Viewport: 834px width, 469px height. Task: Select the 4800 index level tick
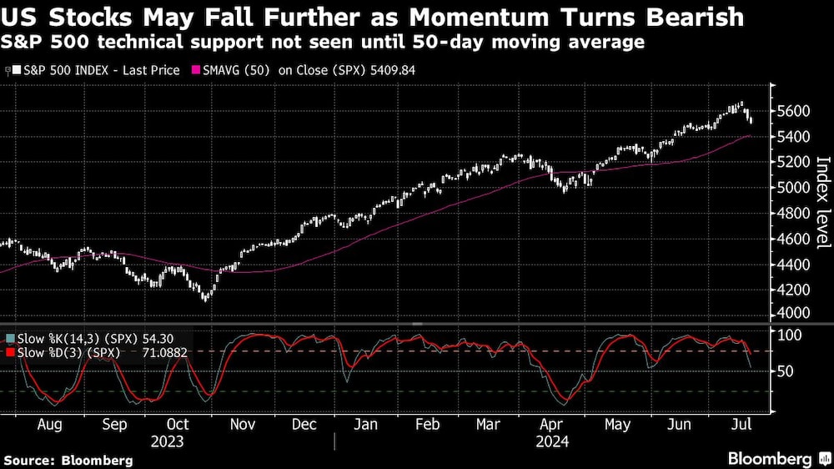pos(796,213)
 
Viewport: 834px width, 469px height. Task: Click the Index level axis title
pos(821,202)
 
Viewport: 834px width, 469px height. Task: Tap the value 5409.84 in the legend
pos(391,70)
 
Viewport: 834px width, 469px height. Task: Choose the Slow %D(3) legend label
pos(63,353)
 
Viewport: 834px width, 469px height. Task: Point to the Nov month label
pos(242,424)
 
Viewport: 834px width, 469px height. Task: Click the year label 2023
pos(166,441)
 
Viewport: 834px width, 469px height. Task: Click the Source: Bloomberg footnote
pos(68,460)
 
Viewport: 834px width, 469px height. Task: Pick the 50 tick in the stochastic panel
pos(786,371)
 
